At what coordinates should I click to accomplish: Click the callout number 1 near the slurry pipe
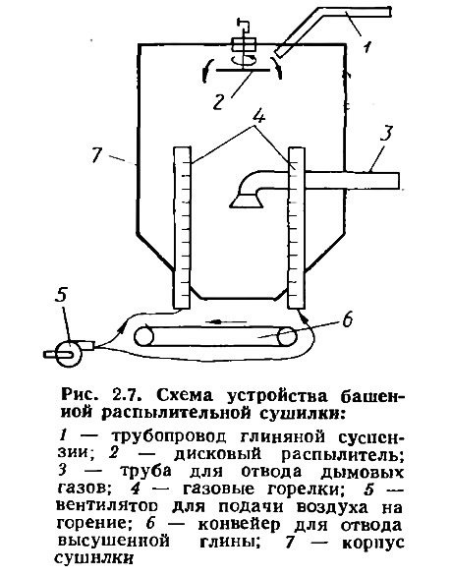tap(367, 46)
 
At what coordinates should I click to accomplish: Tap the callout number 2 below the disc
tap(218, 101)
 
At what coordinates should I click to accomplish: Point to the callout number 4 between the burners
tap(259, 116)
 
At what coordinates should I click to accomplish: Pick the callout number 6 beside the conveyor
tap(347, 318)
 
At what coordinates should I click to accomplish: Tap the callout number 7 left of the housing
tap(97, 155)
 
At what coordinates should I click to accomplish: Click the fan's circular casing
tap(70, 354)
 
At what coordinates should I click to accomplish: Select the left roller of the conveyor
tap(144, 336)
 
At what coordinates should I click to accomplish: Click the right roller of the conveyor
tap(287, 336)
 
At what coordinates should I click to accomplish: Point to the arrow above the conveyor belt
tap(225, 321)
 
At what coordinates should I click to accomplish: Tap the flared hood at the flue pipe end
tap(246, 200)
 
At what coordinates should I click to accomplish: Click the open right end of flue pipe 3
tap(399, 180)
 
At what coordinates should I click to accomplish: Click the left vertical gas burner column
tap(182, 227)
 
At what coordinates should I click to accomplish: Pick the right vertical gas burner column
tap(297, 227)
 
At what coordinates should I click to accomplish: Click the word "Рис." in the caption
tap(79, 395)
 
